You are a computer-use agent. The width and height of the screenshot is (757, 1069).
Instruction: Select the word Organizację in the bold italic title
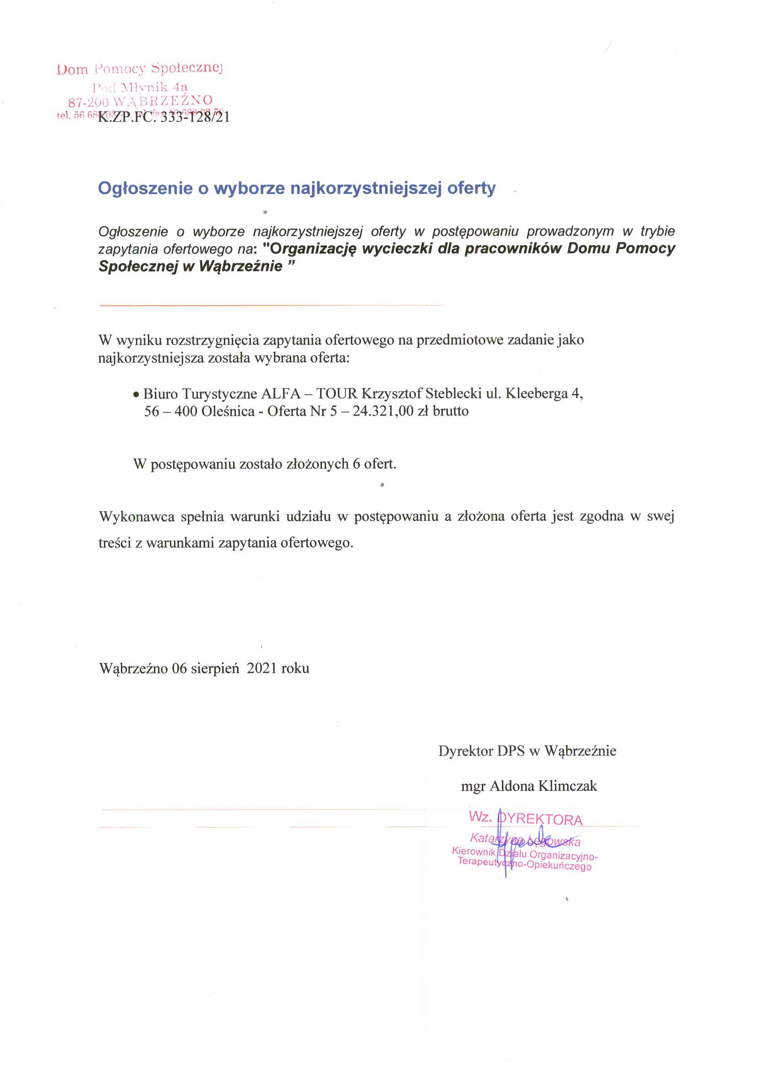point(313,249)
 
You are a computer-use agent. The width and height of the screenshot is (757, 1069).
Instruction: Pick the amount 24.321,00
point(383,412)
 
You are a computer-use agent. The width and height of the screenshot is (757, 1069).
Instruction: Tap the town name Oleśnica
point(228,412)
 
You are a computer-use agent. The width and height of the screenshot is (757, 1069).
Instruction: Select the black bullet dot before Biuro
point(136,395)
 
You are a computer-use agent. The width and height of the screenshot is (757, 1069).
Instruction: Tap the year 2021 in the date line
point(262,669)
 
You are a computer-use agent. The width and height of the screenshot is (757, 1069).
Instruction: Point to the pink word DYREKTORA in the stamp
point(541,820)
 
